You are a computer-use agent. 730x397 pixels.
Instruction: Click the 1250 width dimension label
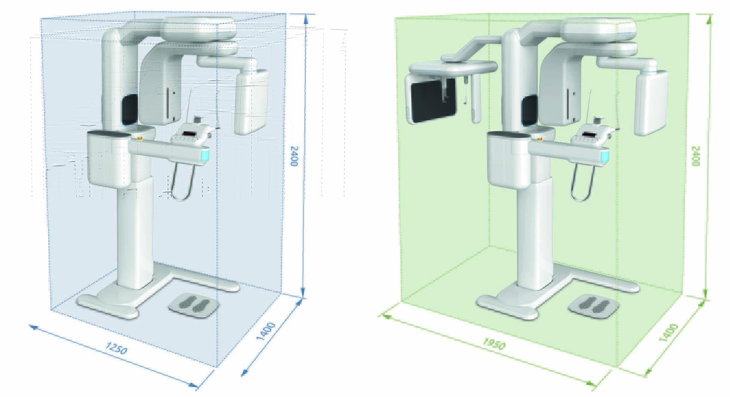[116, 348]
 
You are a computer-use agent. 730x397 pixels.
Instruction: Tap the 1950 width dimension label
[494, 344]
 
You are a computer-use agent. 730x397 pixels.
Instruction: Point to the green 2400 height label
[696, 156]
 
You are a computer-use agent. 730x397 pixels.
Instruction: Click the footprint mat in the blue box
[194, 305]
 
